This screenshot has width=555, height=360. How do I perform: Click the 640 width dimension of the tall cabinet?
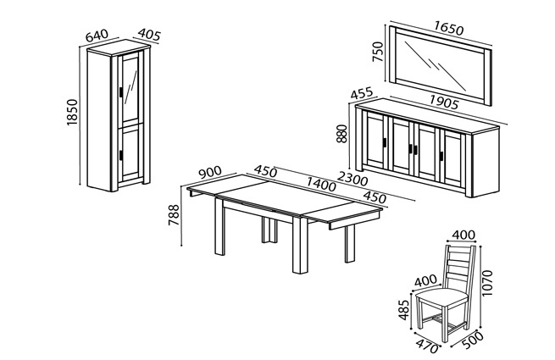[x=97, y=36]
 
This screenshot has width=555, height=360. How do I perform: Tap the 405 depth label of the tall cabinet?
[x=149, y=35]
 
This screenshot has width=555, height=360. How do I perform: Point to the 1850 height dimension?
[x=72, y=112]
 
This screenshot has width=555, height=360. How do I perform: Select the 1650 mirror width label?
[x=448, y=28]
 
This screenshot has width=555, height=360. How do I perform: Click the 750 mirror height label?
[x=378, y=52]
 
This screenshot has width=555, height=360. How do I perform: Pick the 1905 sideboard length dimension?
[x=444, y=102]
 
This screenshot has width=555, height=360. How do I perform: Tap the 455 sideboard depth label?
[x=362, y=93]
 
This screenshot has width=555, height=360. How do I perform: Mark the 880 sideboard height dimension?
[x=342, y=134]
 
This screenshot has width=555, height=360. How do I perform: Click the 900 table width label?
[x=210, y=173]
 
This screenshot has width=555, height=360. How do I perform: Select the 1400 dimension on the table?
[x=320, y=185]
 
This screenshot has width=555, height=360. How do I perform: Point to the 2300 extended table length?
[x=352, y=179]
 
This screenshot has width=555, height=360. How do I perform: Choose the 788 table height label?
[x=174, y=215]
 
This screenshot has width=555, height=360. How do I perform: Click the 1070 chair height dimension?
[x=487, y=283]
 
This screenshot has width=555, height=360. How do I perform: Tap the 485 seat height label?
[x=404, y=310]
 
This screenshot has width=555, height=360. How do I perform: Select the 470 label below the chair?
[x=427, y=346]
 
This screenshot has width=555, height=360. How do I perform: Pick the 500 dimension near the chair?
[x=473, y=340]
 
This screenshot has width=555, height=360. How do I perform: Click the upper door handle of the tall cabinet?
[x=121, y=92]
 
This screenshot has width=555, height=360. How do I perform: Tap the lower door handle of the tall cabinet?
[x=121, y=155]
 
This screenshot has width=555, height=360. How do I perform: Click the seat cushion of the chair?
[x=441, y=296]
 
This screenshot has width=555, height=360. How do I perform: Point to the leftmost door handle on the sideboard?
[x=385, y=142]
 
